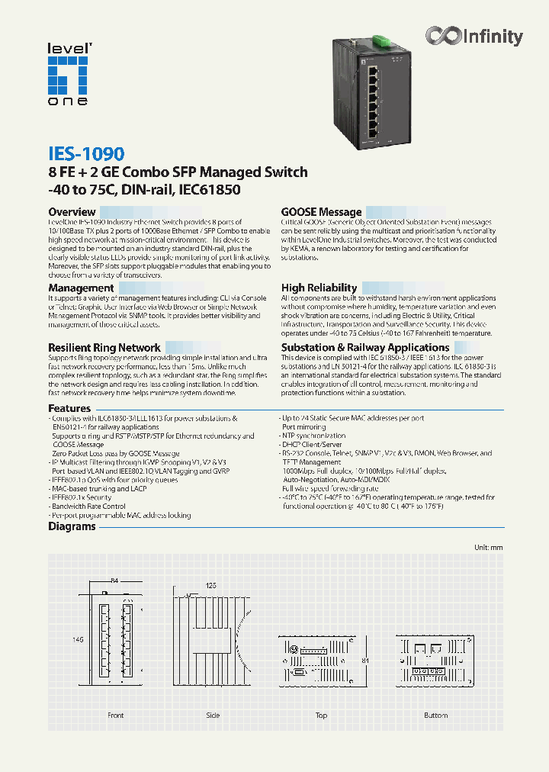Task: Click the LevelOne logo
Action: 69,74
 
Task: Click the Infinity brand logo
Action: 474,36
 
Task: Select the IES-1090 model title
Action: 86,153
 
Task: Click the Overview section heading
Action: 72,212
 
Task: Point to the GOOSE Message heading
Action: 321,212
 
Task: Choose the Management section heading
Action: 81,288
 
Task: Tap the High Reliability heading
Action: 319,288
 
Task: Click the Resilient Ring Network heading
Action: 104,347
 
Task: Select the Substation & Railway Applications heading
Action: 365,347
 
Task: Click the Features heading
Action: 69,409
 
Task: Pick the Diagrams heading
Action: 72,526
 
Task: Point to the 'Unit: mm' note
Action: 488,548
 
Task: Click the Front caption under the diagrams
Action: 115,716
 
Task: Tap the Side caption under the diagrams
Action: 213,716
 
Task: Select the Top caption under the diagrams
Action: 321,716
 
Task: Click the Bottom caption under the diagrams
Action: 436,716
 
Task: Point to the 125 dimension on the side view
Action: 211,584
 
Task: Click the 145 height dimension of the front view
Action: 56,640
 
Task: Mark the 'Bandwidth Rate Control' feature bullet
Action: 88,506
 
